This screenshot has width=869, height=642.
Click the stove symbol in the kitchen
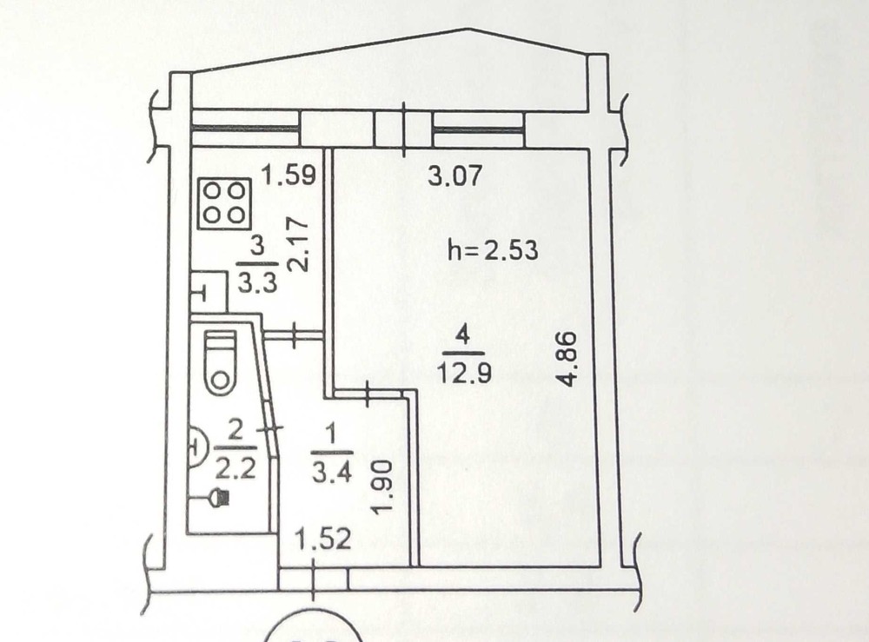224,203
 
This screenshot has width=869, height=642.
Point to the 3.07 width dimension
454,178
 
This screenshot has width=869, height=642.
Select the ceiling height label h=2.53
493,252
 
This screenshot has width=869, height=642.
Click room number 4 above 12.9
463,334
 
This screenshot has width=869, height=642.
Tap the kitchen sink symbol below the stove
207,292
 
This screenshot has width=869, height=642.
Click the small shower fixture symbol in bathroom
217,499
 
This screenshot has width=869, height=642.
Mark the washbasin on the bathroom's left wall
196,448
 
